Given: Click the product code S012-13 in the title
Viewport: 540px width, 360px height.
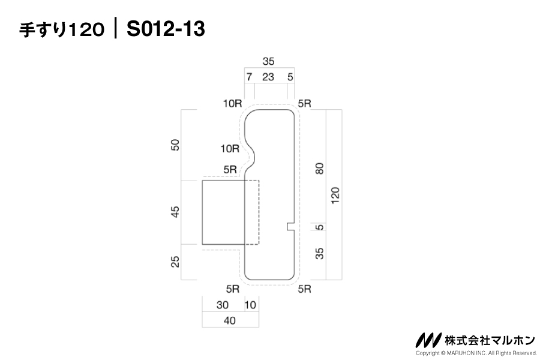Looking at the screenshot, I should pos(166,28).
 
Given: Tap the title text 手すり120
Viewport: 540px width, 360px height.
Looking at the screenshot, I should pos(62,29).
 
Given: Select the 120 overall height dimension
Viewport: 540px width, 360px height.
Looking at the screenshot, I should pos(335,195).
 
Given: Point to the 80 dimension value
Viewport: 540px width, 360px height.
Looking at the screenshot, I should pos(320,169).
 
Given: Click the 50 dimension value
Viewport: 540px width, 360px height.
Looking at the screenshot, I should pos(175,145).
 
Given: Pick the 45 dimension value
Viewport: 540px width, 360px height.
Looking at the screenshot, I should pos(175,212).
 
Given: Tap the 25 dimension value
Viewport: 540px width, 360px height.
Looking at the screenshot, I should pos(175,262).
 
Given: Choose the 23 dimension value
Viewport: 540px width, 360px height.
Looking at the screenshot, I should pos(268,76).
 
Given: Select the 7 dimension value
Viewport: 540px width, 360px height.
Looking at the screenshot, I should pos(249,76).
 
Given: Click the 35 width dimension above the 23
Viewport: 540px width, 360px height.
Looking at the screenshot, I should pos(268,61).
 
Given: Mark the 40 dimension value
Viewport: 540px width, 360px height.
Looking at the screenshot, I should pos(229,320).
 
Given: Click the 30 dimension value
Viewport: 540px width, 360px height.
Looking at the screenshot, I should pos(222,305).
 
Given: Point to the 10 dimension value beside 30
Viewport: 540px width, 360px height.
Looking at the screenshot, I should pos(250,305).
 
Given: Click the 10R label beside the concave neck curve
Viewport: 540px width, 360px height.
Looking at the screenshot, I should pos(230,148).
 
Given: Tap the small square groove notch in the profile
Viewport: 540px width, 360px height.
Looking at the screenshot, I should pos(290,226).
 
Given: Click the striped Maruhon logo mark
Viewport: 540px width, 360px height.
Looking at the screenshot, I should pos(429,340).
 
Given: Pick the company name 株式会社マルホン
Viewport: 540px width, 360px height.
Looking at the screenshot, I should pos(490,340).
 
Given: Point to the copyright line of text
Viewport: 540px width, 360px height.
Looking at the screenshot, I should pos(476,353).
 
